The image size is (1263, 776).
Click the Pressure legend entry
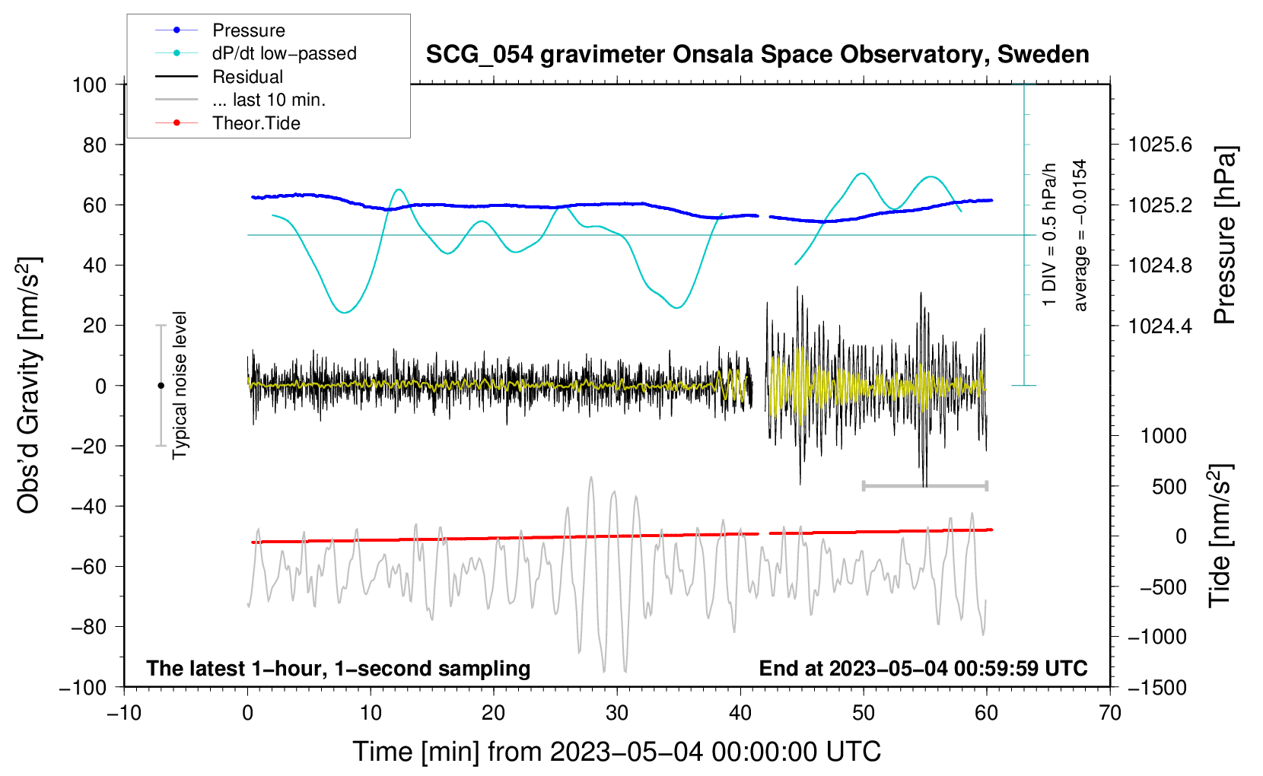248,30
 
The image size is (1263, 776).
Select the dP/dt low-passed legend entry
284,53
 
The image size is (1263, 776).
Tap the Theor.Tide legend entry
256,123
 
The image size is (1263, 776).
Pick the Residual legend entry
247,77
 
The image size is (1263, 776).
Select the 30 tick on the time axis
617,713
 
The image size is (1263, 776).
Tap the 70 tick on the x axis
1110,713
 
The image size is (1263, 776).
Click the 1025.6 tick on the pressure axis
1160,145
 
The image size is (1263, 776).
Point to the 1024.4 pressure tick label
1160,326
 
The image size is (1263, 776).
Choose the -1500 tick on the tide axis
1156,687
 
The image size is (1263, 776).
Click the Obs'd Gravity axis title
29,385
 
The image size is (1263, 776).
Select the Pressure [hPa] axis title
1224,236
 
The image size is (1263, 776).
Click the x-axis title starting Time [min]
617,752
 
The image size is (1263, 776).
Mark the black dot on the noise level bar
161,386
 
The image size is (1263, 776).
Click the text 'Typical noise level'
180,385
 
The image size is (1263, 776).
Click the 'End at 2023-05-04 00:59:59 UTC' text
923,668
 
